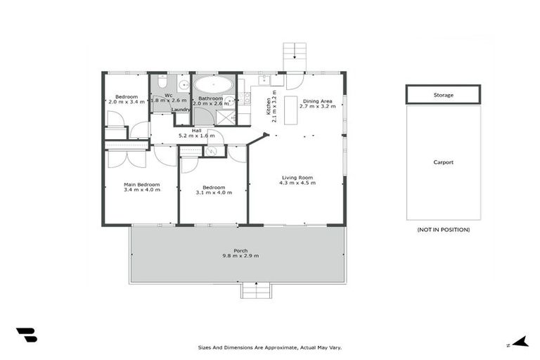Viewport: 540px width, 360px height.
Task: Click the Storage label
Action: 443,95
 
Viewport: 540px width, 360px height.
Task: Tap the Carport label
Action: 443,162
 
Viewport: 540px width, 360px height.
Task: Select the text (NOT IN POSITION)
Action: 443,230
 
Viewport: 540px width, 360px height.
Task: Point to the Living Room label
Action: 298,177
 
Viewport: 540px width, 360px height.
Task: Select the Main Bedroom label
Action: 141,184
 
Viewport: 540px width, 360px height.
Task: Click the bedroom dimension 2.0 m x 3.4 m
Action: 126,102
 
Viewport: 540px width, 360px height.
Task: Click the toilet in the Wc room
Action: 162,82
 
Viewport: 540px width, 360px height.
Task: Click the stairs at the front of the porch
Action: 255,290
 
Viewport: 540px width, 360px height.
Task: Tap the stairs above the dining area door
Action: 295,56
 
